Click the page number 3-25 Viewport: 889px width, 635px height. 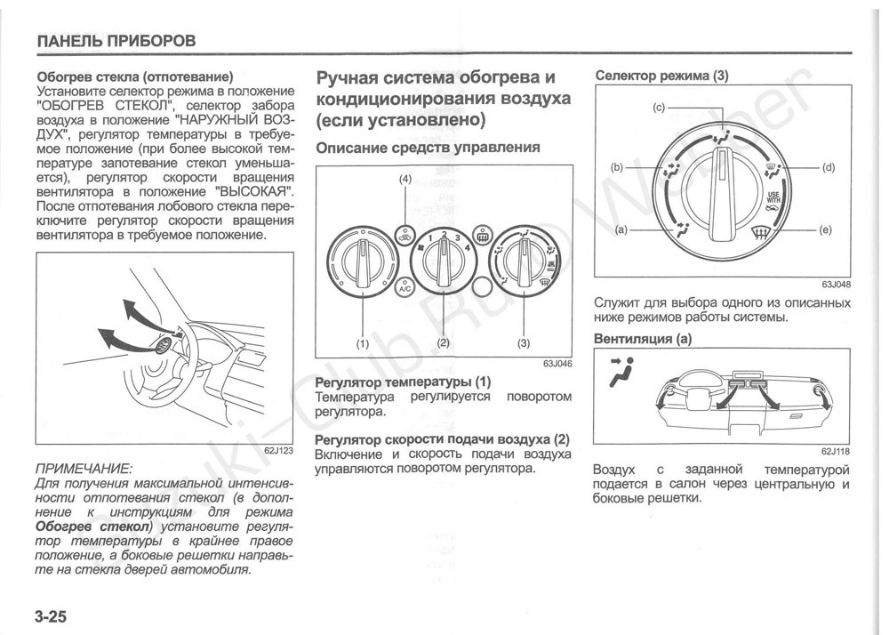coord(52,615)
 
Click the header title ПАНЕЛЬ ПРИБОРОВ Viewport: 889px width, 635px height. coord(116,41)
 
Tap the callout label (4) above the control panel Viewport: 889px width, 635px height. coord(405,180)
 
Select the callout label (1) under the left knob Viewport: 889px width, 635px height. coord(363,342)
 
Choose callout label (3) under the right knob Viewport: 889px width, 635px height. coord(524,342)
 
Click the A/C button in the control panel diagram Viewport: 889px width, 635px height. coord(404,288)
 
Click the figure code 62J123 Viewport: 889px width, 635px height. coord(278,451)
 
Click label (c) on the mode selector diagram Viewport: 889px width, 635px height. coord(659,108)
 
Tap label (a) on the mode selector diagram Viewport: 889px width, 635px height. coord(621,230)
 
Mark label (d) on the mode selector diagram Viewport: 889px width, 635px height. coord(829,167)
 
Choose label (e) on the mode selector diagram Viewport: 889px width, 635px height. coord(826,230)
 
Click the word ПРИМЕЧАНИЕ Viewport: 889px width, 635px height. coord(83,468)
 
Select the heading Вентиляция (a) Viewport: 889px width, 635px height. coord(643,339)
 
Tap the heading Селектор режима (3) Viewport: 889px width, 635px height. coord(661,76)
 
